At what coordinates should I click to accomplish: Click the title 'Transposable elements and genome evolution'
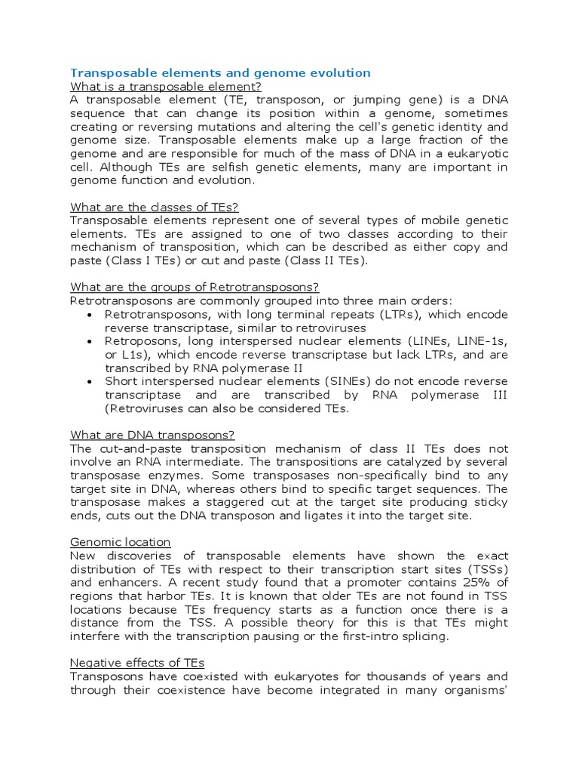(x=220, y=73)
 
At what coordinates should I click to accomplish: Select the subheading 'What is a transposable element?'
(x=165, y=87)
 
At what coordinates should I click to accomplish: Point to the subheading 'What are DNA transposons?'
(x=152, y=434)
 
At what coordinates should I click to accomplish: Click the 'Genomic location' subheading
(x=121, y=542)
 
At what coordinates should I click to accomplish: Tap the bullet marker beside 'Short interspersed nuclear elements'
(x=90, y=381)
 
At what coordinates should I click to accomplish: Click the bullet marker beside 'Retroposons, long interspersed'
(x=90, y=341)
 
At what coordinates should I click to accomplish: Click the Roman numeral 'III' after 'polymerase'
(x=496, y=395)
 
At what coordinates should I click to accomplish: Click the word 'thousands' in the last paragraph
(x=406, y=676)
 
